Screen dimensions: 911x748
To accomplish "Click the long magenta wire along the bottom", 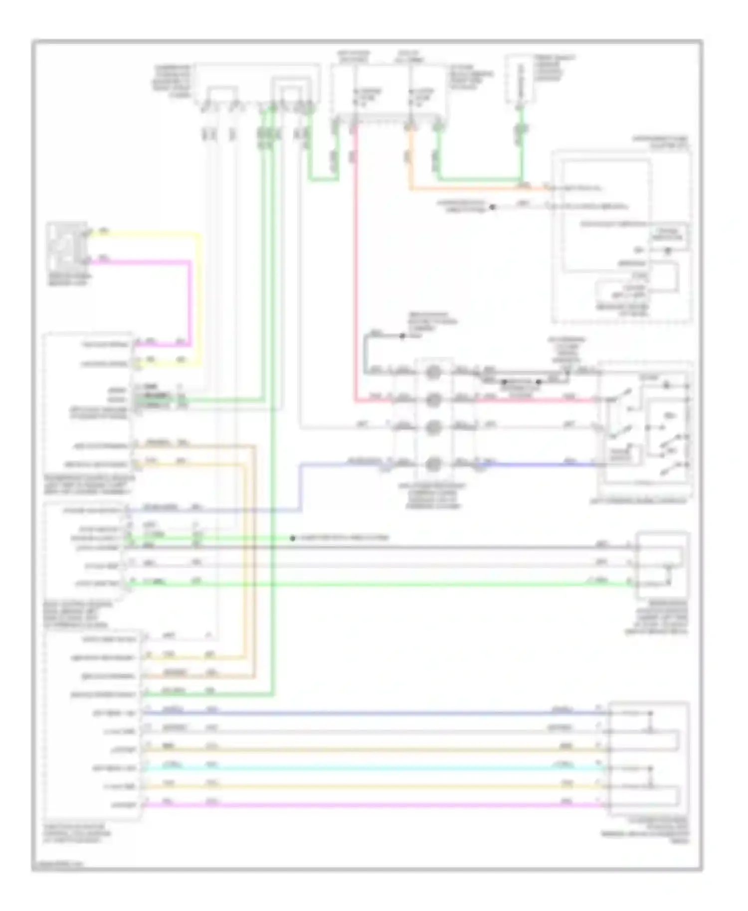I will click(374, 804).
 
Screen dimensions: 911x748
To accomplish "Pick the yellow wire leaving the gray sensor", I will click(150, 233).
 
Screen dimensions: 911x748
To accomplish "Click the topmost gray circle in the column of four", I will click(433, 371).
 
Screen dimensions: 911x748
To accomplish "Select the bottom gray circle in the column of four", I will click(433, 464).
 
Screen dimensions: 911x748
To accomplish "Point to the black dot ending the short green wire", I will click(293, 538).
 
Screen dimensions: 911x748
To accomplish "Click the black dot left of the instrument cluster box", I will click(492, 207).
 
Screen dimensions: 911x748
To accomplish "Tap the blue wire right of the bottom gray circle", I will click(539, 464).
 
